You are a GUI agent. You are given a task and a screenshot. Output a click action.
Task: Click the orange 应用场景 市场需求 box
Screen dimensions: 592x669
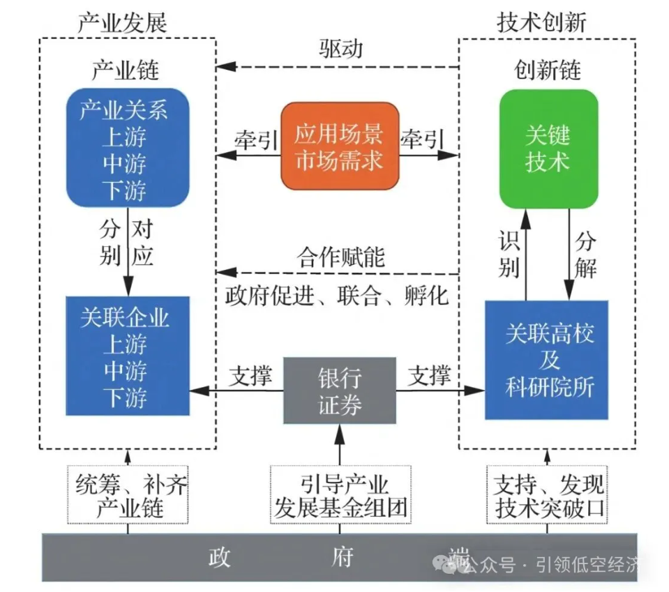[340, 146]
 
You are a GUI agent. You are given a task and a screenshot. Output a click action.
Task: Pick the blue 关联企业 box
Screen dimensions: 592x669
[128, 356]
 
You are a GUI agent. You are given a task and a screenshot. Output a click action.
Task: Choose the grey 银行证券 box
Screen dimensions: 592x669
[340, 390]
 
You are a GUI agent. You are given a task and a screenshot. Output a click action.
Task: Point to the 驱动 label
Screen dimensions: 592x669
[342, 50]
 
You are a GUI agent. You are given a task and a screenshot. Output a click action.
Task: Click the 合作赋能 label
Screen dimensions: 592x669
[341, 257]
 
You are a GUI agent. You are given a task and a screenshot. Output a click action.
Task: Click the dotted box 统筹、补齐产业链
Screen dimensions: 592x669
[128, 496]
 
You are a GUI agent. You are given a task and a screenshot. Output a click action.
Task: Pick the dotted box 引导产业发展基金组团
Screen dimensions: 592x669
[340, 496]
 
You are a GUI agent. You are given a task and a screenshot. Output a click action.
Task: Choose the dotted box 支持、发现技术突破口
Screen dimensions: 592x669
[548, 496]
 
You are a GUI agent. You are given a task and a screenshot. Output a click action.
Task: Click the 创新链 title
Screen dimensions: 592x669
[548, 70]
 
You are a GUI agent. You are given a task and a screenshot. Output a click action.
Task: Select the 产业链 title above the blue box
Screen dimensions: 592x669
[126, 70]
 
